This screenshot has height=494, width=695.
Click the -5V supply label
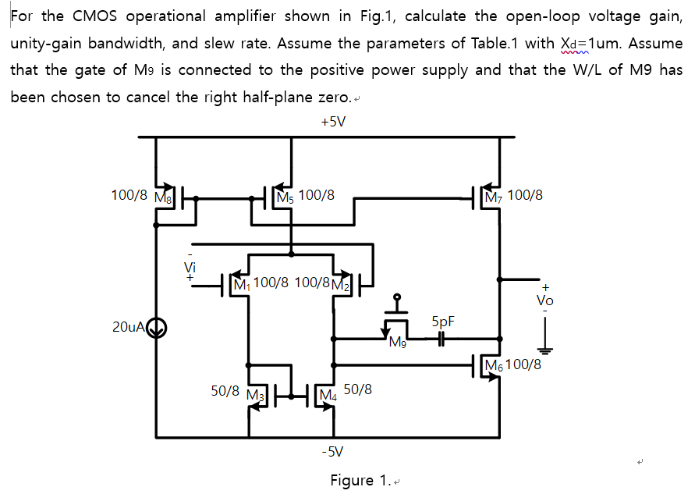point(333,452)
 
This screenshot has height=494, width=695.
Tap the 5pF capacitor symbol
point(441,339)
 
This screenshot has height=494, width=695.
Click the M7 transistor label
point(494,196)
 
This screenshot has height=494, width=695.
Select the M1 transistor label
point(241,283)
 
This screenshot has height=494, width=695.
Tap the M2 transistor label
point(342,283)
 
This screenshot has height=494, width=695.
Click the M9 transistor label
point(398,342)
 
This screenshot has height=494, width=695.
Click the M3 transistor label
point(255,393)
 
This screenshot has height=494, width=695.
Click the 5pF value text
point(442,322)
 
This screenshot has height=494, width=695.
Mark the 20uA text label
point(129,327)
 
